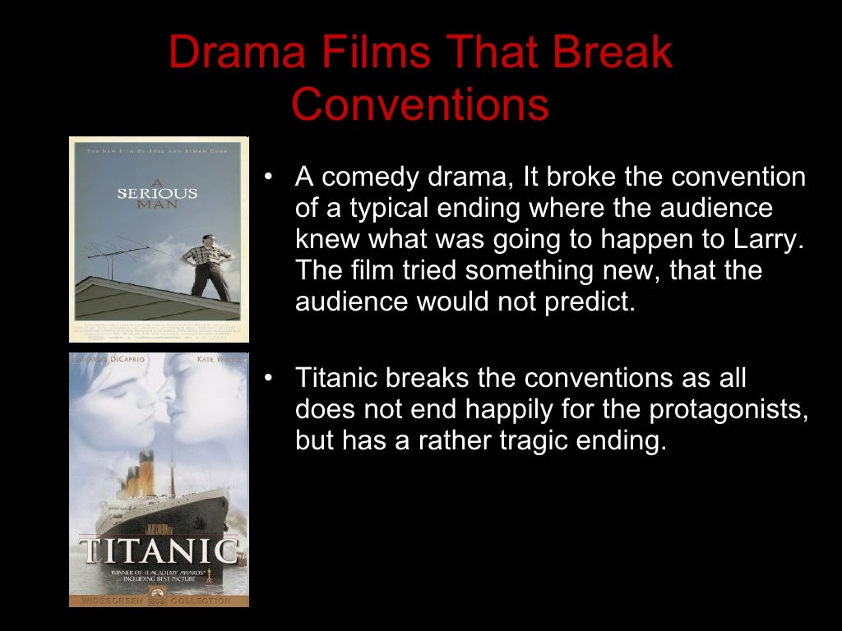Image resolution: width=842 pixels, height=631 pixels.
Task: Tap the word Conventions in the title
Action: tap(420, 104)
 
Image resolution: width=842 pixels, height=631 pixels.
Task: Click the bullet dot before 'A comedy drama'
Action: tap(268, 177)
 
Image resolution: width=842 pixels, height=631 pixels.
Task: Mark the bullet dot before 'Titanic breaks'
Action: tap(268, 380)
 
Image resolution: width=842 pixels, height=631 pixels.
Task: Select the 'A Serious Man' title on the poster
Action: tap(157, 193)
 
